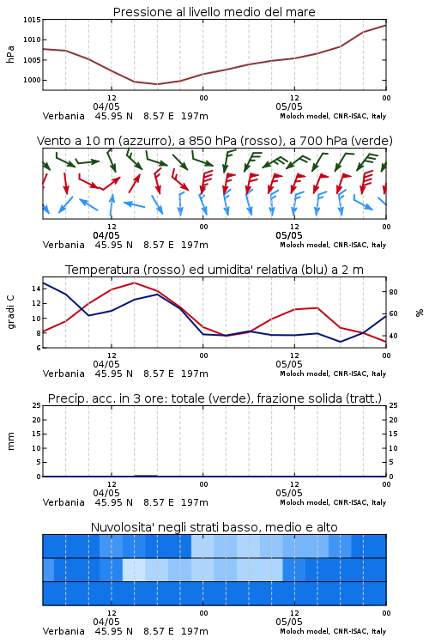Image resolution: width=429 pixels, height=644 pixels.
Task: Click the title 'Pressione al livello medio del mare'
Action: pyautogui.click(x=214, y=12)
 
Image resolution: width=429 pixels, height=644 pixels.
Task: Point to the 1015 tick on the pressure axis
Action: pyautogui.click(x=32, y=20)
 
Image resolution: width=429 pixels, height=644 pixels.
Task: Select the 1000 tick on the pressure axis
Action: pyautogui.click(x=32, y=80)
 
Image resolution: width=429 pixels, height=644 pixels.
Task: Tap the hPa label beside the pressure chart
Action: pyautogui.click(x=10, y=54)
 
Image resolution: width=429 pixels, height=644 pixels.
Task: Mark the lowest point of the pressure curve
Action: pyautogui.click(x=157, y=84)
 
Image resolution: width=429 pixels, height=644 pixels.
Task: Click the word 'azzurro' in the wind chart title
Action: pyautogui.click(x=143, y=141)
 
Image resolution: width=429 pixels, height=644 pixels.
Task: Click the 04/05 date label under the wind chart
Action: pyautogui.click(x=106, y=235)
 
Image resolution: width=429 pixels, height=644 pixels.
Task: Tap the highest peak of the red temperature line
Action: pyautogui.click(x=134, y=283)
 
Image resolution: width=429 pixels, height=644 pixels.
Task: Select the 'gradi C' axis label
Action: pyautogui.click(x=10, y=313)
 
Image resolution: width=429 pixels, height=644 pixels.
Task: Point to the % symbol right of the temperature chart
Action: pyautogui.click(x=420, y=313)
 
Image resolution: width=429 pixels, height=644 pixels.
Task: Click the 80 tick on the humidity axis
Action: pyautogui.click(x=393, y=292)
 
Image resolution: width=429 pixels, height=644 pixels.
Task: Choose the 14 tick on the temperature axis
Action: pyautogui.click(x=36, y=289)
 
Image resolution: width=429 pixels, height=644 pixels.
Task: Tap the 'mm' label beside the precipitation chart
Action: pyautogui.click(x=10, y=441)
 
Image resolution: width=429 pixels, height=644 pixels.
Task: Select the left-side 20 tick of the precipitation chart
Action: pyautogui.click(x=37, y=420)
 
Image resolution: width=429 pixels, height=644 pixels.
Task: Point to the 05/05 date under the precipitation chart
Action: pyautogui.click(x=289, y=493)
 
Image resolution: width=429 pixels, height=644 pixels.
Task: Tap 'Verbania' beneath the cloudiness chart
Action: pyautogui.click(x=63, y=631)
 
